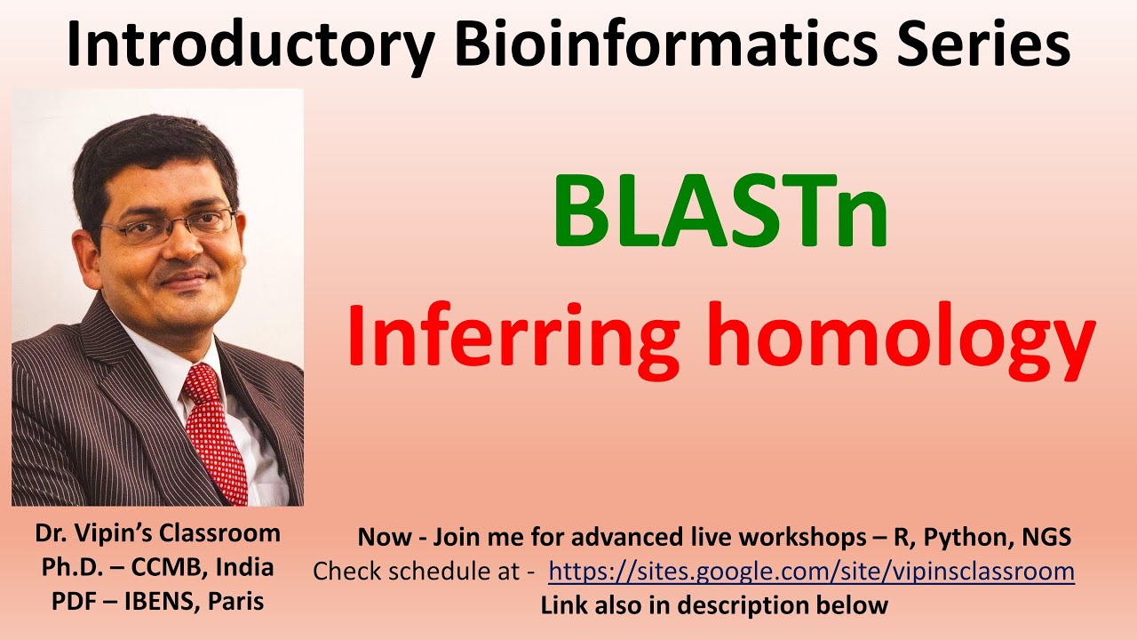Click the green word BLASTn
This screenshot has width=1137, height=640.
click(720, 213)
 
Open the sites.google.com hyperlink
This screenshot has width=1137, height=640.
click(811, 571)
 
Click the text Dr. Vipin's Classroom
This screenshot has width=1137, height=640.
click(157, 533)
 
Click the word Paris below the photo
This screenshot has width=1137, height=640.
click(235, 602)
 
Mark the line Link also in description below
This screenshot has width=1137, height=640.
click(714, 605)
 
